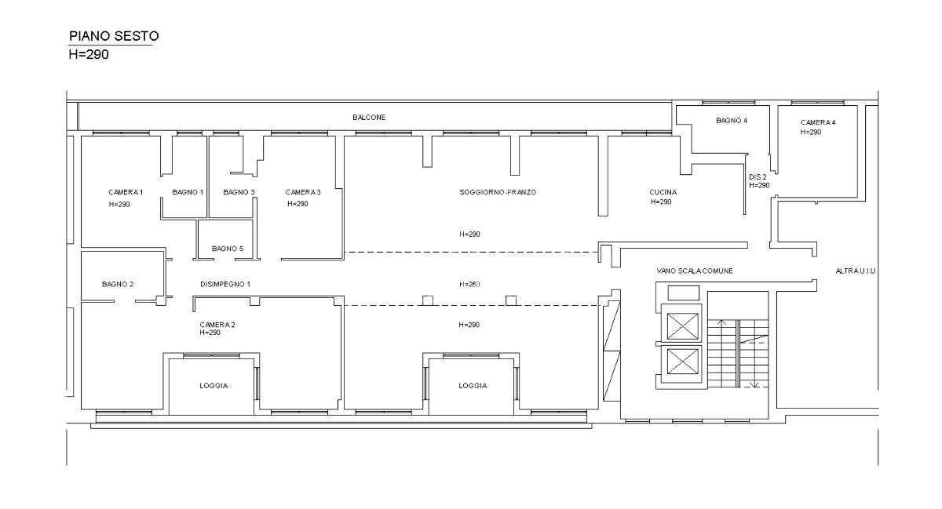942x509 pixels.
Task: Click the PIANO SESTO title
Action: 114,36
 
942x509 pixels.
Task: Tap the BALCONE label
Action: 369,118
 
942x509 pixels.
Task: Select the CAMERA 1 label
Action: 126,192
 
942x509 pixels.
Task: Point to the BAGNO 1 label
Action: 188,192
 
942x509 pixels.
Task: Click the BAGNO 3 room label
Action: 239,192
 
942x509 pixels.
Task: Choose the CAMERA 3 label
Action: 303,192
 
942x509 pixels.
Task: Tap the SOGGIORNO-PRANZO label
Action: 498,192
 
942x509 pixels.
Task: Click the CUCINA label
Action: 663,192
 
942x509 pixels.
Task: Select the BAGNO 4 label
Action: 732,121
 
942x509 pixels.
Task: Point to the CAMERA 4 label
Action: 818,122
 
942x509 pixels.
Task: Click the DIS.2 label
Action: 758,177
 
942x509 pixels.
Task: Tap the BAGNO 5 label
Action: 228,249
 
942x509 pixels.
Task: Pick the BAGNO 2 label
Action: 118,284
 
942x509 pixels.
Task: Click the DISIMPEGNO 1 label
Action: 225,284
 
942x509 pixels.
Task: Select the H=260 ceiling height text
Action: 469,284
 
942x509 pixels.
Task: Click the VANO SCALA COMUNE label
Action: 695,271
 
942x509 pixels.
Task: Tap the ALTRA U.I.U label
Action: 856,271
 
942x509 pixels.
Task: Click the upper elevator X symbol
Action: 682,326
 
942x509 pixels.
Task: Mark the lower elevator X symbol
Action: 682,362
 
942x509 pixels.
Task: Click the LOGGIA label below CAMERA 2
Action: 214,385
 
